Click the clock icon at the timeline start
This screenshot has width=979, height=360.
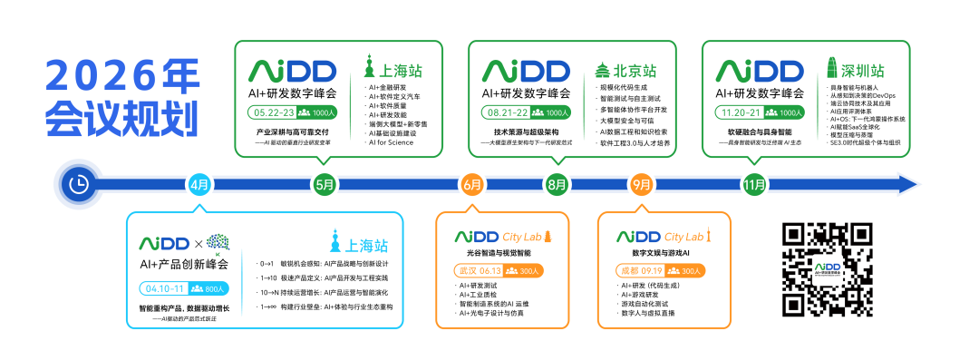79,184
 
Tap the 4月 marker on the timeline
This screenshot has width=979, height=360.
199,184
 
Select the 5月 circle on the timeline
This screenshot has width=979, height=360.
325,184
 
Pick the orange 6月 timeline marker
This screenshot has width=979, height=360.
471,184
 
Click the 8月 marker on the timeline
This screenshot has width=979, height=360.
557,184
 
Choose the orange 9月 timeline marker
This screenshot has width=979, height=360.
642,184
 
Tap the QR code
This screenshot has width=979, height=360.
827,269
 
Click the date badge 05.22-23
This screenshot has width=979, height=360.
274,112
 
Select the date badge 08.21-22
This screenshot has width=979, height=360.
507,112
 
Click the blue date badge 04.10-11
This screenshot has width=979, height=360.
164,288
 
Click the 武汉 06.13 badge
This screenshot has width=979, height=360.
479,270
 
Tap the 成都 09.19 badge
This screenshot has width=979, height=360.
640,270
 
